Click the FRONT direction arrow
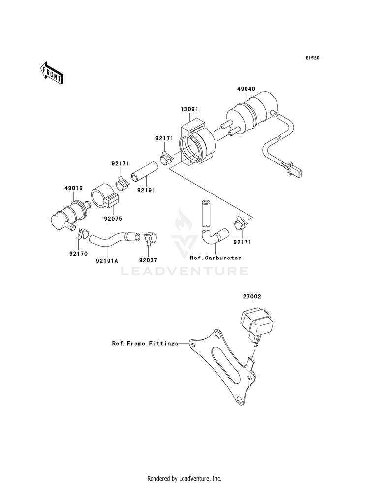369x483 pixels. (51, 72)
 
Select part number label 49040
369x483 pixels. (246, 89)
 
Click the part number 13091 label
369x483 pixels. (189, 109)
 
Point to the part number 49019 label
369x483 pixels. (73, 188)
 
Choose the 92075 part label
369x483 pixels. (113, 219)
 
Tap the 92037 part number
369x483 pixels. (148, 260)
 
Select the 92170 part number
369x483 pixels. (78, 254)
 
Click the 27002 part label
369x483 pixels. (252, 296)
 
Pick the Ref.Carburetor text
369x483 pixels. (215, 258)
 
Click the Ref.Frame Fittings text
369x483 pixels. (145, 343)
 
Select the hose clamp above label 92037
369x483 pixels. (149, 237)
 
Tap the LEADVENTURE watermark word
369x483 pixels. (184, 271)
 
